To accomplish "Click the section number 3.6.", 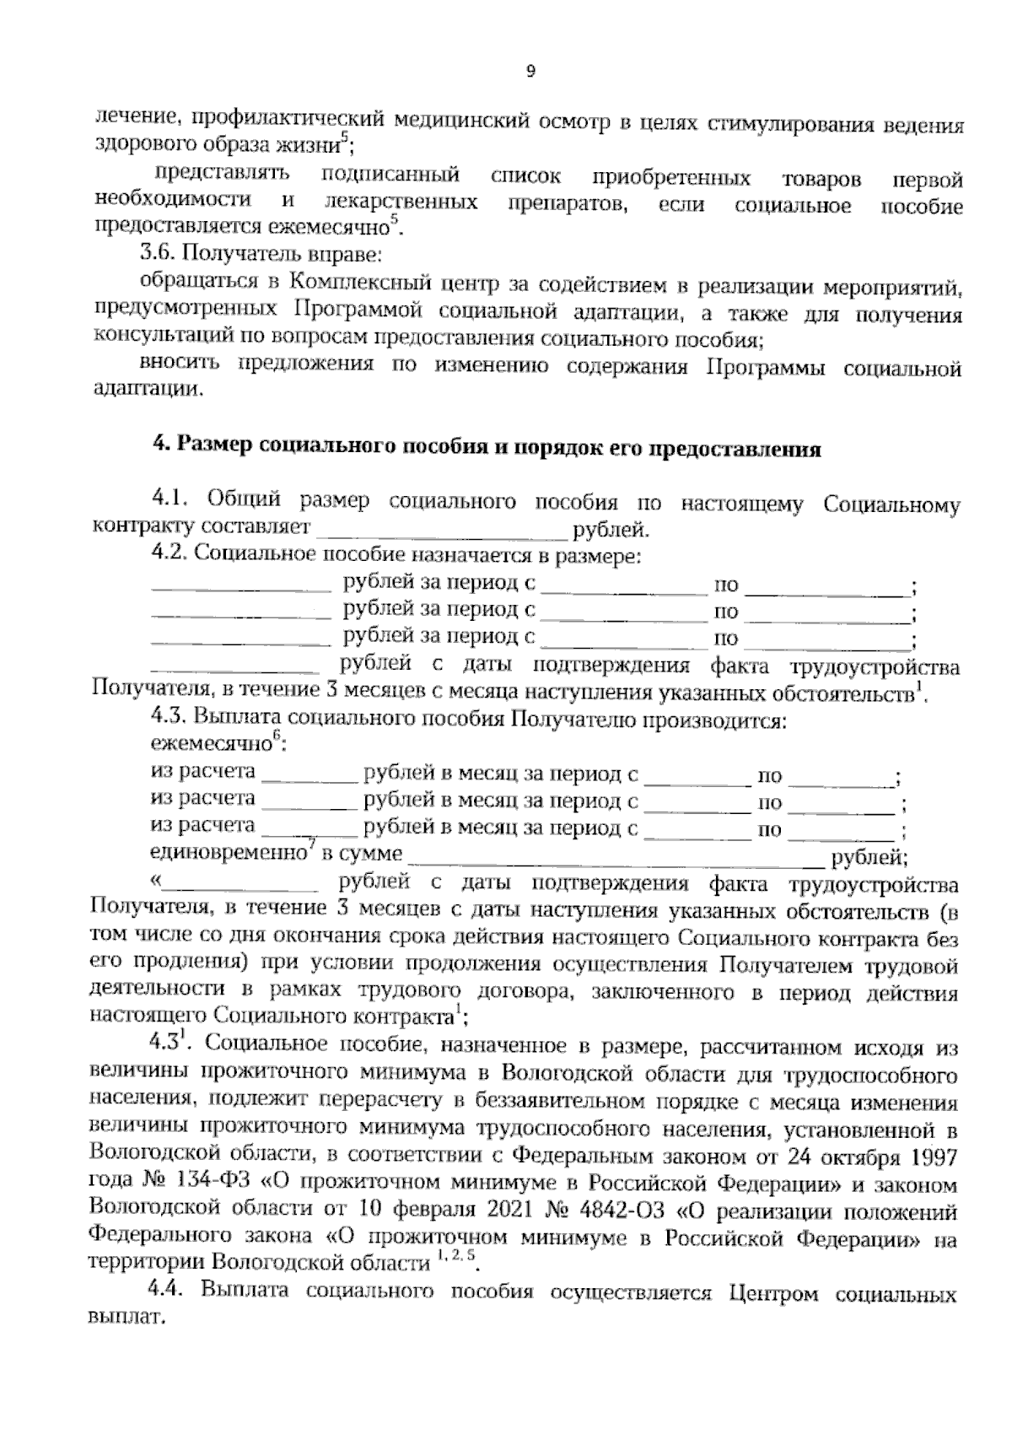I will coord(158,252).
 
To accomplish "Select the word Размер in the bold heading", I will coord(213,448).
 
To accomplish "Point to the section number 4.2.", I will coord(170,556).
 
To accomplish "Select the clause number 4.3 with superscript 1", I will coord(168,1045).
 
